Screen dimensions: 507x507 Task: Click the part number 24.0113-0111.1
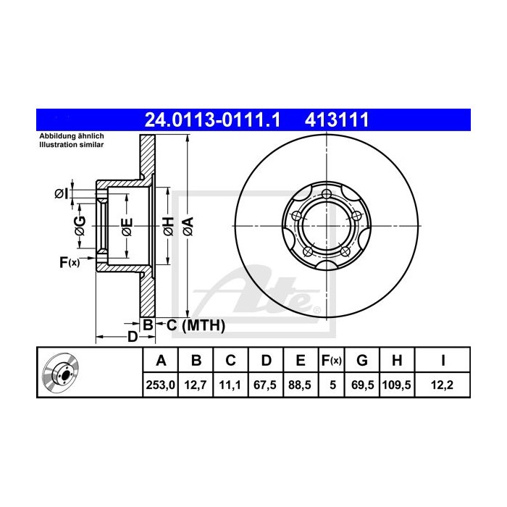click(212, 120)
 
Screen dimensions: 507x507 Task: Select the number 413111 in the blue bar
click(337, 120)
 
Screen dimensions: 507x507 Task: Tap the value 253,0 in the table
click(160, 385)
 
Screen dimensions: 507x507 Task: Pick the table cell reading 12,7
click(196, 385)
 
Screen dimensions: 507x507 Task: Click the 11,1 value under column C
click(230, 385)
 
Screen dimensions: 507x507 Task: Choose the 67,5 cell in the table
click(265, 385)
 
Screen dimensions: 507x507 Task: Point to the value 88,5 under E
click(300, 385)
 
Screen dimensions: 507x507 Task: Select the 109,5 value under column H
click(396, 385)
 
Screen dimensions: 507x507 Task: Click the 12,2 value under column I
click(442, 385)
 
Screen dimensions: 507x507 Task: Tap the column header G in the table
click(362, 360)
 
